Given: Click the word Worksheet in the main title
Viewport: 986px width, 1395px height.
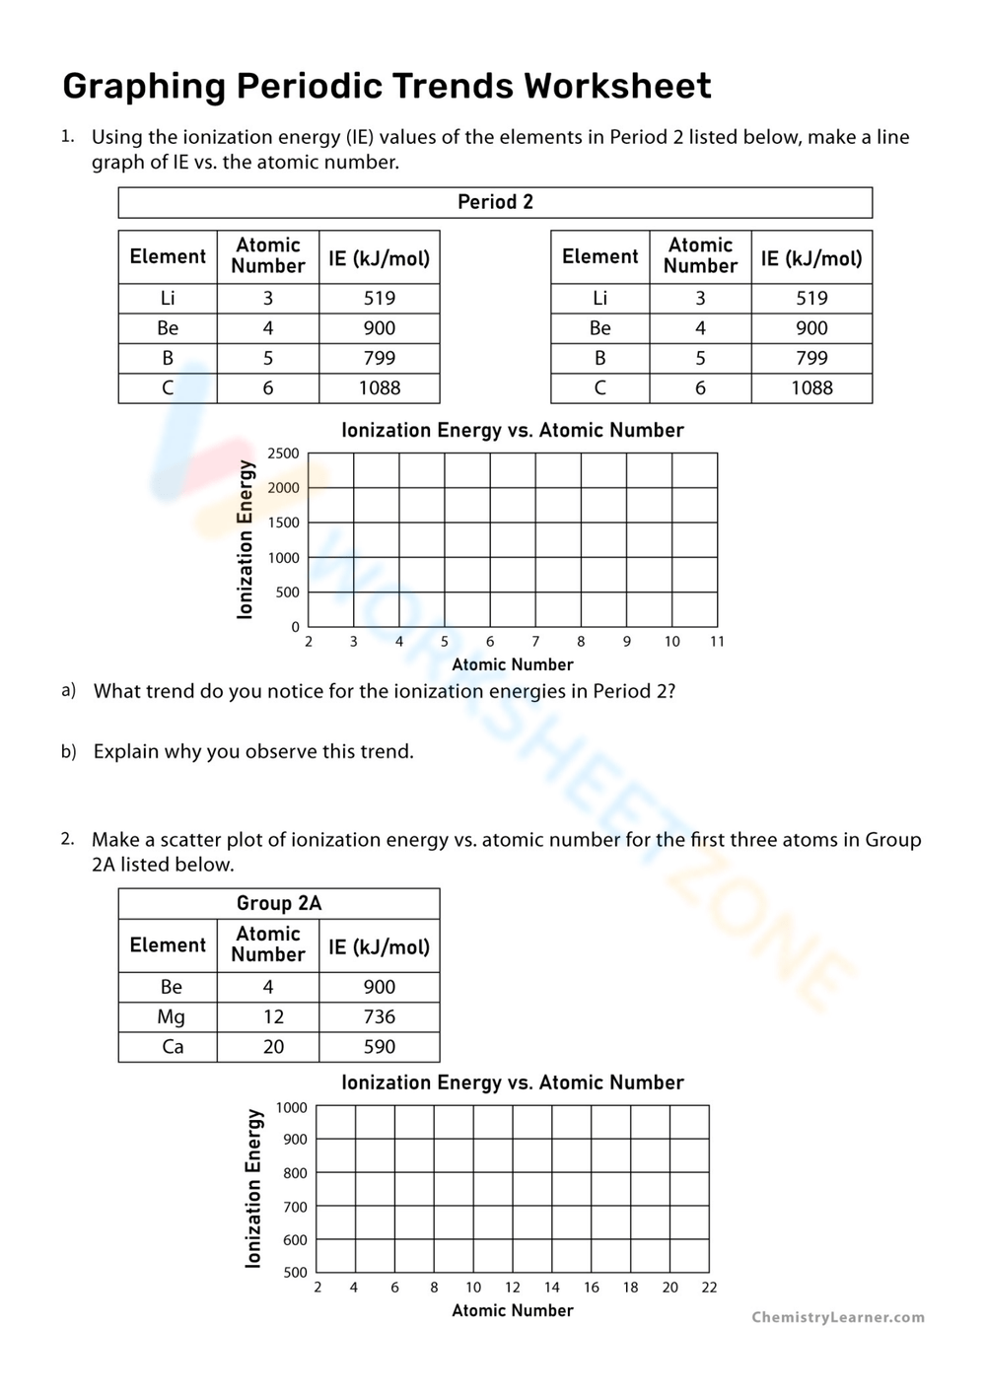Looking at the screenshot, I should pos(617,87).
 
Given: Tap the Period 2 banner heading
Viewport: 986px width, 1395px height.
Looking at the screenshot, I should pos(495,202).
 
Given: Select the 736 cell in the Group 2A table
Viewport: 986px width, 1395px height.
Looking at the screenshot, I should pos(379,1016).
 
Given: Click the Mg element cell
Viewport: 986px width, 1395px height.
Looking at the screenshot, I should pos(171,1016).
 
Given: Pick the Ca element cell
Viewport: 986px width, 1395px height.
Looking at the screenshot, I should pos(173,1047).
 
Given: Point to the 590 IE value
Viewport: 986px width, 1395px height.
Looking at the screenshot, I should pos(379,1047).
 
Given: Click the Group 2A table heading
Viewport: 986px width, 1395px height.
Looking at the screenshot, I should pos(279,903).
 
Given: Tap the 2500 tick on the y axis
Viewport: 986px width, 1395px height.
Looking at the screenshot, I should pos(283,453).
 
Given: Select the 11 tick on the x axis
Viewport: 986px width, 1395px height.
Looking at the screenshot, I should pos(717,642).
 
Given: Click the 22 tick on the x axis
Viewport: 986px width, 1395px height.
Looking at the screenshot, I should pos(709,1288).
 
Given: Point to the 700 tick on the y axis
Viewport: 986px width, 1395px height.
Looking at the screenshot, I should pos(295,1207).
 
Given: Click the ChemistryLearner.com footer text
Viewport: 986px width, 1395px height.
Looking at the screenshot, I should pos(838,1317).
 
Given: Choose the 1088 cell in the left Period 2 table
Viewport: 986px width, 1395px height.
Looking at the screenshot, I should pos(379,388).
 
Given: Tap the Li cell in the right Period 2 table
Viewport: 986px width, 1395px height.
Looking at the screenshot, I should pos(599,298).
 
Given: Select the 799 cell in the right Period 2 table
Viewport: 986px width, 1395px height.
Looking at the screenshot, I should pos(811,358).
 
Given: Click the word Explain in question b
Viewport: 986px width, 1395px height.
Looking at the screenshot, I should pos(125,751).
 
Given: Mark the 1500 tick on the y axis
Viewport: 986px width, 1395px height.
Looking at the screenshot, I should pos(283,523).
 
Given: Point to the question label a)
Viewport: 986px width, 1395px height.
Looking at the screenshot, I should pos(68,690).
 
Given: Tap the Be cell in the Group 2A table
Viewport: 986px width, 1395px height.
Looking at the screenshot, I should pos(171,987).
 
